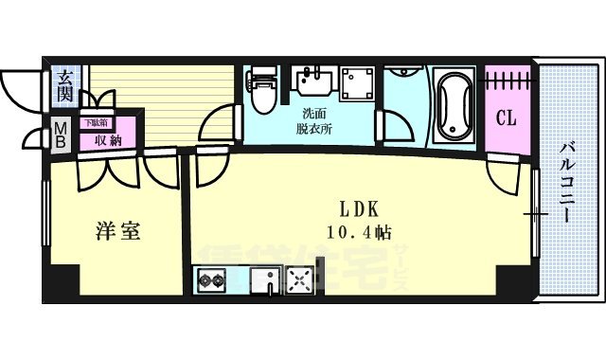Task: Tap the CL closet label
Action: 507,120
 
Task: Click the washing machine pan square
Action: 357,84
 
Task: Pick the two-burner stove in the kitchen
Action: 211,280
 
